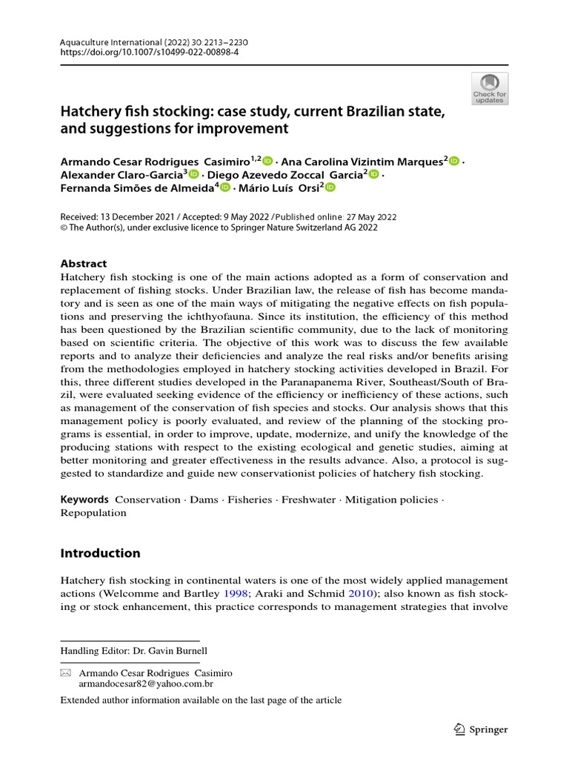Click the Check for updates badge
tap(490, 88)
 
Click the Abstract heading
tap(83, 264)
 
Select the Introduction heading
tap(100, 553)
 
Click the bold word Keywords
tap(84, 500)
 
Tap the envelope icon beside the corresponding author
tap(65, 673)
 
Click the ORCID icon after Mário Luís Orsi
tap(330, 188)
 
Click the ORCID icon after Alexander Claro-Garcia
tap(194, 174)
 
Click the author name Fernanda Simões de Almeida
tap(136, 188)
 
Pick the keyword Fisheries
tap(250, 500)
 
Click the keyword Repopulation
tap(93, 513)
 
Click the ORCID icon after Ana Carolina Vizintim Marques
tap(454, 160)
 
